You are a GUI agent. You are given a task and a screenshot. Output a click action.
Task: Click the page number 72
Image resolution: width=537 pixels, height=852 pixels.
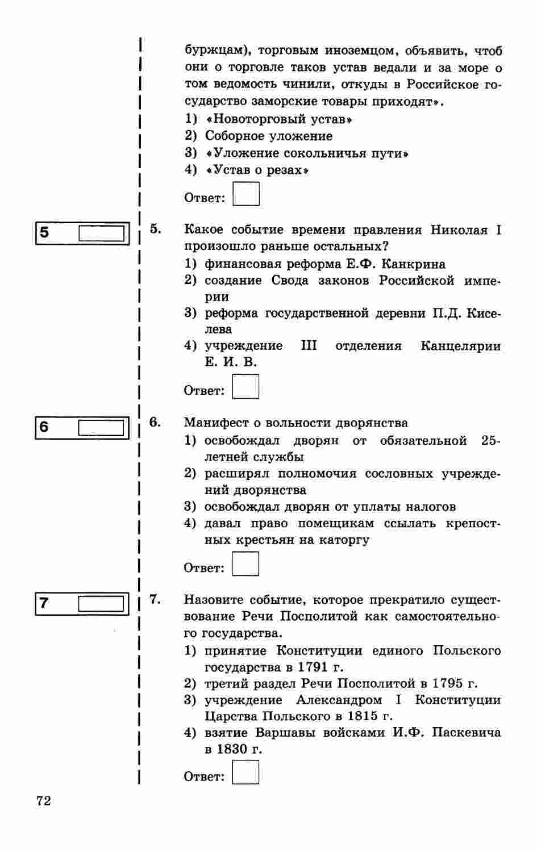click(x=43, y=800)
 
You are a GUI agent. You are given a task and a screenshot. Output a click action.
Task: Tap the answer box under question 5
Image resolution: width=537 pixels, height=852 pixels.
click(x=246, y=387)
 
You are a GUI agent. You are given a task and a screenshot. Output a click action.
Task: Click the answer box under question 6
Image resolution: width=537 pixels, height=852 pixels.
click(x=246, y=564)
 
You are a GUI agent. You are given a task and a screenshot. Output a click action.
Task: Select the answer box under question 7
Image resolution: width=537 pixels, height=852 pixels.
click(x=246, y=772)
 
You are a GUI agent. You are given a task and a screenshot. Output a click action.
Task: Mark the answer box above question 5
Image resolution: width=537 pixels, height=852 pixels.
click(x=246, y=194)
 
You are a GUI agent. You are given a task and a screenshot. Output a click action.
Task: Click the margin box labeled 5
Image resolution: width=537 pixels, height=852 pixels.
click(x=101, y=233)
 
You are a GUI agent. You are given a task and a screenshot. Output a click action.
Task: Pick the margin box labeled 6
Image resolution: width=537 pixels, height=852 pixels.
click(x=101, y=427)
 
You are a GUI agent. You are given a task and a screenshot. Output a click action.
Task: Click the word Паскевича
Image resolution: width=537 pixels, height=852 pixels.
click(x=467, y=733)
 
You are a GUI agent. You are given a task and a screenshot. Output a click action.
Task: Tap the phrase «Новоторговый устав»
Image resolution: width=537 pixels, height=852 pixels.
click(x=279, y=119)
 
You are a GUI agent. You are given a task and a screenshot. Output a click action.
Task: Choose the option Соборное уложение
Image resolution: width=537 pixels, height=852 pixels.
click(x=269, y=136)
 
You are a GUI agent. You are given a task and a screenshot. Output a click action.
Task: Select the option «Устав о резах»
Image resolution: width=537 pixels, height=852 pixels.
click(x=257, y=170)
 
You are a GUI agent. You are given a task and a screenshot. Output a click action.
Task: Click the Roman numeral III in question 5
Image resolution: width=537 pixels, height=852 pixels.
click(x=309, y=345)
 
